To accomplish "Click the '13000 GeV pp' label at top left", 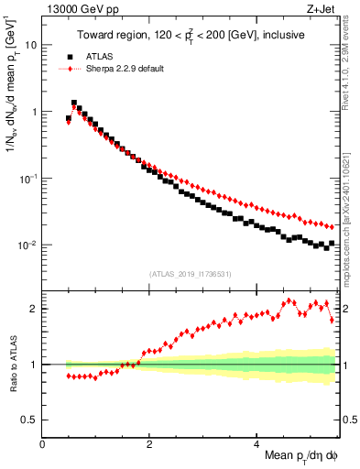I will [x=74, y=10].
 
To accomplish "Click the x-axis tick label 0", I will [x=43, y=442].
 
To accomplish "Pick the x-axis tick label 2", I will [x=149, y=442].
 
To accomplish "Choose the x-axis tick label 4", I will [x=256, y=442].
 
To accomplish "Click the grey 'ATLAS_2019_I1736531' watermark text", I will [x=191, y=274].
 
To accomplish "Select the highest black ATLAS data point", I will [x=74, y=104].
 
